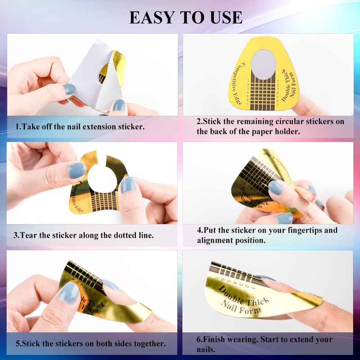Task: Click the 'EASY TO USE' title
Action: (x=185, y=17)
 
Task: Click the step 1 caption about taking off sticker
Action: (x=80, y=126)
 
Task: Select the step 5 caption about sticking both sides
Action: (x=90, y=343)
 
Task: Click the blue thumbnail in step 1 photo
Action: (x=69, y=89)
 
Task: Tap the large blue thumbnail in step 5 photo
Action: (x=69, y=293)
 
